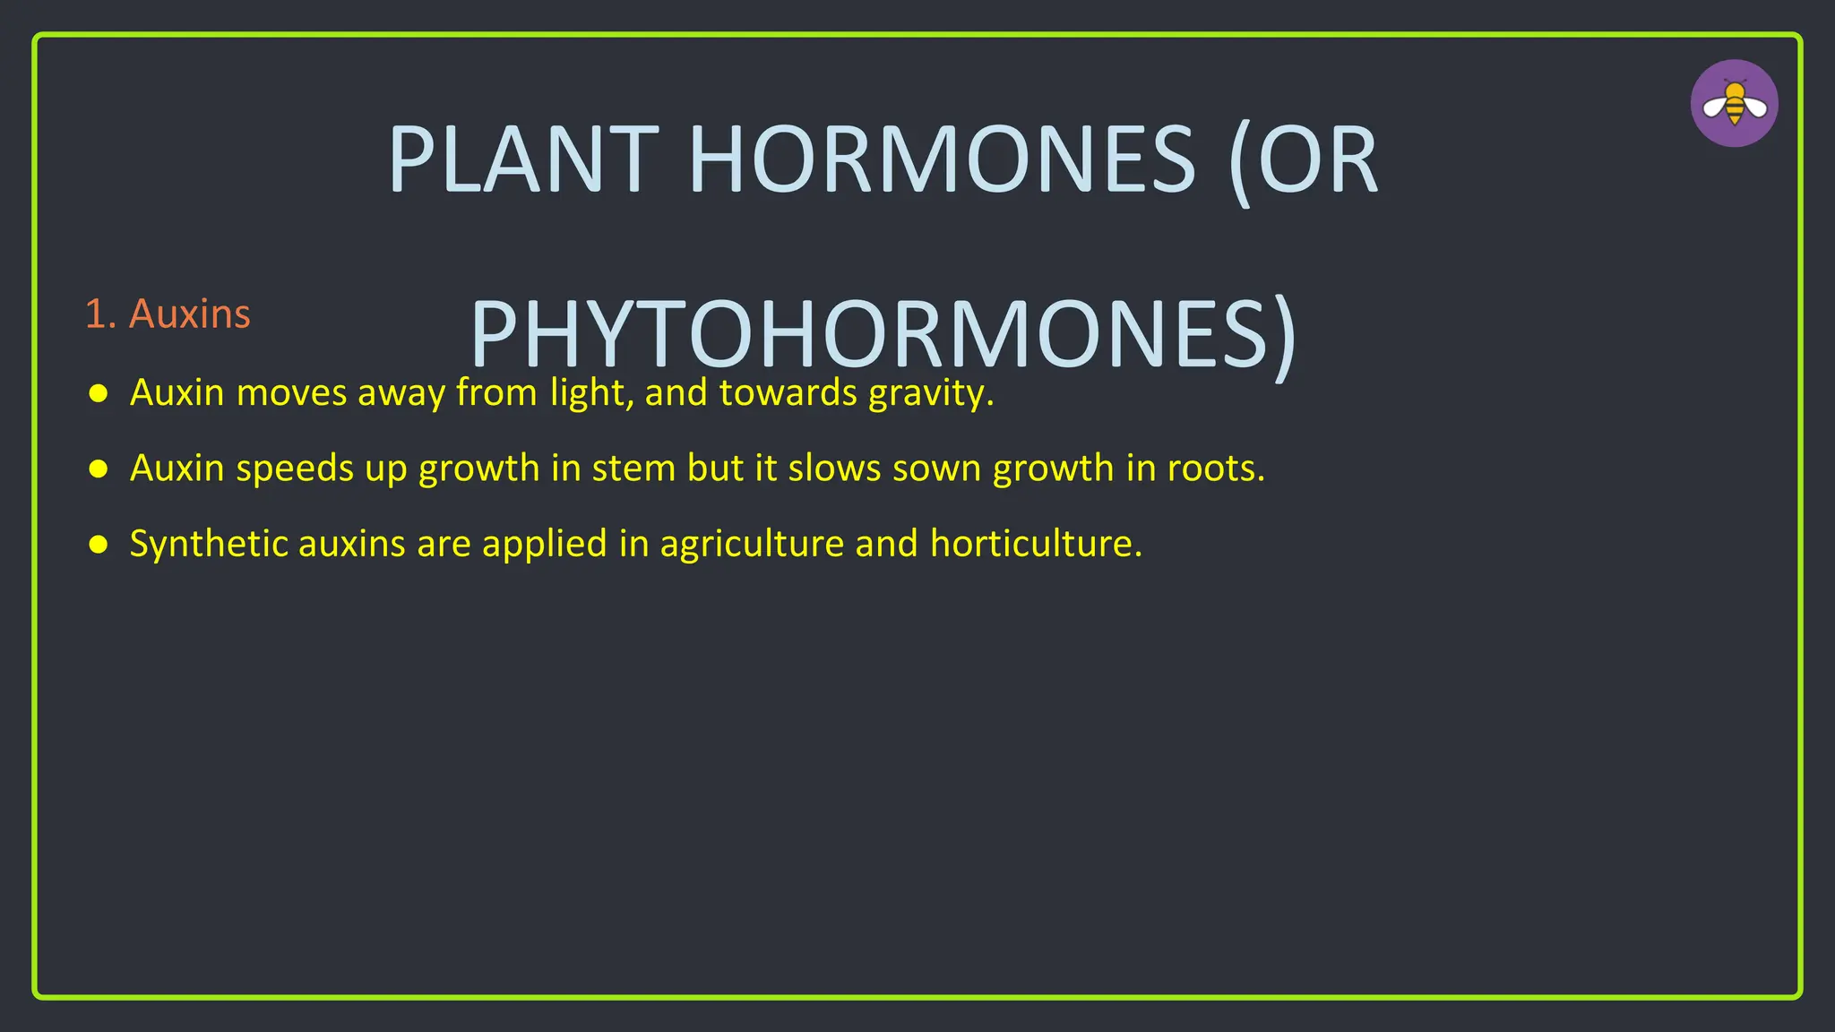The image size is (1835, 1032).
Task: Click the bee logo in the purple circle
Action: click(x=1734, y=104)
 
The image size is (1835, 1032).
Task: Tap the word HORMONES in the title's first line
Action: click(x=941, y=160)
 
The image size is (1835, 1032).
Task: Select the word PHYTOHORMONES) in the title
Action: click(x=883, y=334)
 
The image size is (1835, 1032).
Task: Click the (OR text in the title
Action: click(x=1303, y=160)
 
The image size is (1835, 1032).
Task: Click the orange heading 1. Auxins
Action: click(x=168, y=314)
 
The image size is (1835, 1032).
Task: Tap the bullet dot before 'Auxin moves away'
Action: click(x=99, y=393)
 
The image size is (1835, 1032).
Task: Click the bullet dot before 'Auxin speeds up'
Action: click(x=99, y=469)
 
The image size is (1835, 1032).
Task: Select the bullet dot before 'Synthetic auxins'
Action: click(x=99, y=544)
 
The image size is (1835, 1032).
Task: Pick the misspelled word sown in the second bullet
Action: click(x=936, y=469)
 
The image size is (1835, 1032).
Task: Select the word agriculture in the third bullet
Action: click(x=751, y=544)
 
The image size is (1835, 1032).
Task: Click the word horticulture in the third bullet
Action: click(x=1034, y=544)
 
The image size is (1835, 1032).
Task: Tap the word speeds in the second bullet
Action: click(x=295, y=469)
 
